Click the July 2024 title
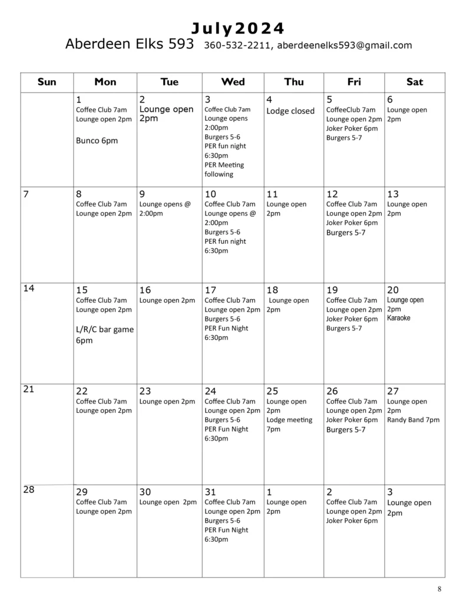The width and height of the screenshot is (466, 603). (x=238, y=28)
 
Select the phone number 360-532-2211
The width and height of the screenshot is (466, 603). (x=237, y=45)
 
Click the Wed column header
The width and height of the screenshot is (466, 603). (x=233, y=82)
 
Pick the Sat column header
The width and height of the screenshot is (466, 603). (x=415, y=82)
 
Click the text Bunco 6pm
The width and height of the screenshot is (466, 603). (x=97, y=140)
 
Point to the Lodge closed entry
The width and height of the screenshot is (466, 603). (x=290, y=111)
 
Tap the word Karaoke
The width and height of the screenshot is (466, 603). (x=399, y=318)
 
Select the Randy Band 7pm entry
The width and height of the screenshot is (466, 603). (x=413, y=420)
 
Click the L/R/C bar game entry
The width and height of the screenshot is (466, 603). (x=105, y=334)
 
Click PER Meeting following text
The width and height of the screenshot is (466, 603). (x=224, y=170)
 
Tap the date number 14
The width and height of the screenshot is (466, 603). (x=29, y=288)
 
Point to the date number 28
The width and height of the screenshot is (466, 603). (x=29, y=490)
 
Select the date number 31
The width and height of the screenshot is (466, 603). (x=210, y=492)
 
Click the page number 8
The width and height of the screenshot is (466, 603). (x=439, y=589)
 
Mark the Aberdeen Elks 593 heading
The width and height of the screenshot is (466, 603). (x=129, y=44)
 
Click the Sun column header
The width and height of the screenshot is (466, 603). (x=47, y=82)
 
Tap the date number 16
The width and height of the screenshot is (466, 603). (x=145, y=290)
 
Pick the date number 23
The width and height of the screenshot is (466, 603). (x=146, y=391)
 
